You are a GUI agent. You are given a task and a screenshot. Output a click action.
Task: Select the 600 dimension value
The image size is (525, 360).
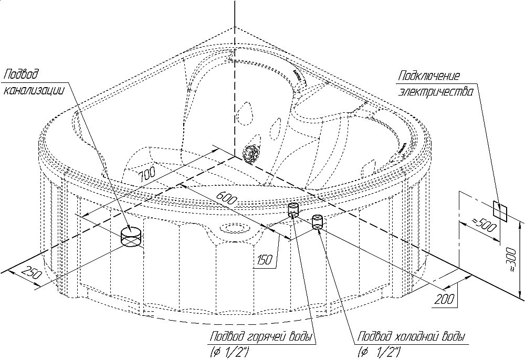226,199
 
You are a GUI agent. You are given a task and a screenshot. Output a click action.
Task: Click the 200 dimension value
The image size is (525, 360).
444,299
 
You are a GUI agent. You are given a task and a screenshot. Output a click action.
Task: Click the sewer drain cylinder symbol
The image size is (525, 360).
132,236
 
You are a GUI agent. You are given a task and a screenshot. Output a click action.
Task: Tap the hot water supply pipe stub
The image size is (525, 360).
293,210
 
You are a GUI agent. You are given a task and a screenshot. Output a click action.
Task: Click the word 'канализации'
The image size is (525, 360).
34,90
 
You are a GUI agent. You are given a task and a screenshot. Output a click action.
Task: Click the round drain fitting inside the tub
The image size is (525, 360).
251,153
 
